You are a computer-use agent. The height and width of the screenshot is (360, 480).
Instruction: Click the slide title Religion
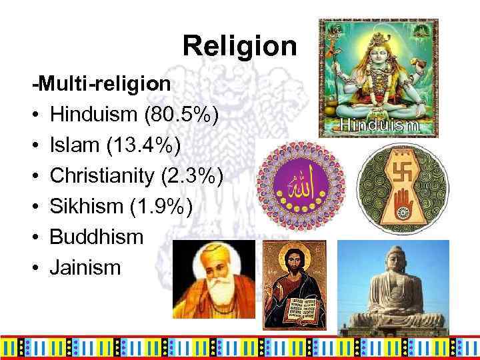pyautogui.click(x=239, y=45)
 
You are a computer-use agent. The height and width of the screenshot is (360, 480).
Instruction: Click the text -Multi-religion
pyautogui.click(x=103, y=85)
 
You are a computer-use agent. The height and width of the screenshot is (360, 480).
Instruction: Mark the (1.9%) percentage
pyautogui.click(x=164, y=207)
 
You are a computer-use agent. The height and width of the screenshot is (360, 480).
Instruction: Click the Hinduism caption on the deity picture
pyautogui.click(x=379, y=125)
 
